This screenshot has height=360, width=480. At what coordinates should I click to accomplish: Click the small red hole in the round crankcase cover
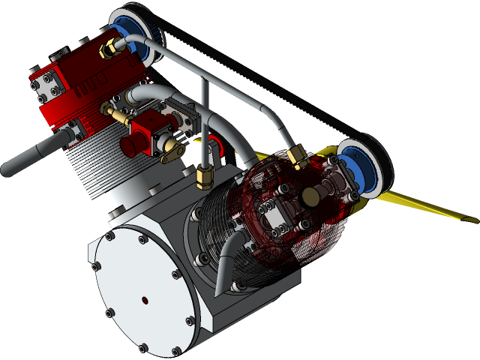pyautogui.click(x=145, y=301)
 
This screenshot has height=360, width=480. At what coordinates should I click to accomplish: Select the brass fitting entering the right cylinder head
pyautogui.click(x=297, y=157)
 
